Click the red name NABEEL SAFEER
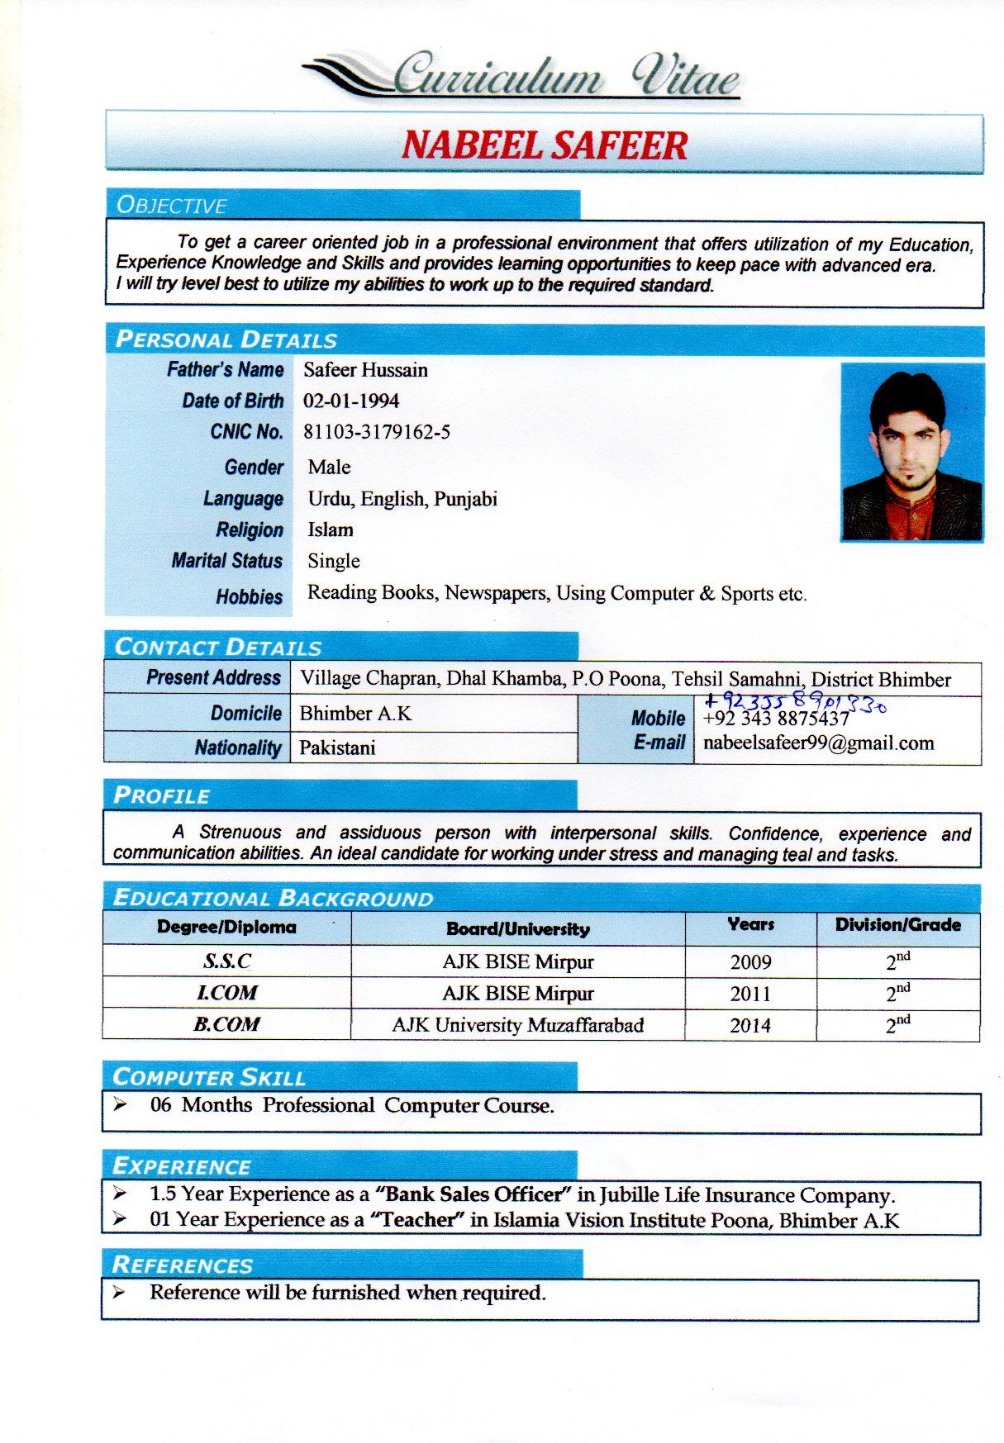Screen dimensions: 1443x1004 545,145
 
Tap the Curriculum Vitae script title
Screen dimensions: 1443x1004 565,77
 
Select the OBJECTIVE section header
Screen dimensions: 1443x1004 172,205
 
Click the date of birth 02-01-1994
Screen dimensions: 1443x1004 351,401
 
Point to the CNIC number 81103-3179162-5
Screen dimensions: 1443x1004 377,432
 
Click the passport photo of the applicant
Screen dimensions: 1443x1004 912,452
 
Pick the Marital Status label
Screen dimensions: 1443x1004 227,561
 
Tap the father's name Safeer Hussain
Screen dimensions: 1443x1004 365,370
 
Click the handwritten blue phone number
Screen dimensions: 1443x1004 796,703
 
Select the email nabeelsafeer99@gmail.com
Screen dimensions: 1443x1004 818,743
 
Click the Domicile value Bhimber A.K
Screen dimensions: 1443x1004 355,713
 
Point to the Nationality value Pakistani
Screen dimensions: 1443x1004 337,748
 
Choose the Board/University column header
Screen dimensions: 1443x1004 518,928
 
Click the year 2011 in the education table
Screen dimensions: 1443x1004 750,994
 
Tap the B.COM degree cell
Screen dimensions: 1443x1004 226,1024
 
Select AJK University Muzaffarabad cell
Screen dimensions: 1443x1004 518,1025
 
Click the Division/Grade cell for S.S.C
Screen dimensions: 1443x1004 898,961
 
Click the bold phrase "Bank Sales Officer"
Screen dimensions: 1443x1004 473,1194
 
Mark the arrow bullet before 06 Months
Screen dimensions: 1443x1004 121,1104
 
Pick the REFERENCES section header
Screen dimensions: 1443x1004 183,1265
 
